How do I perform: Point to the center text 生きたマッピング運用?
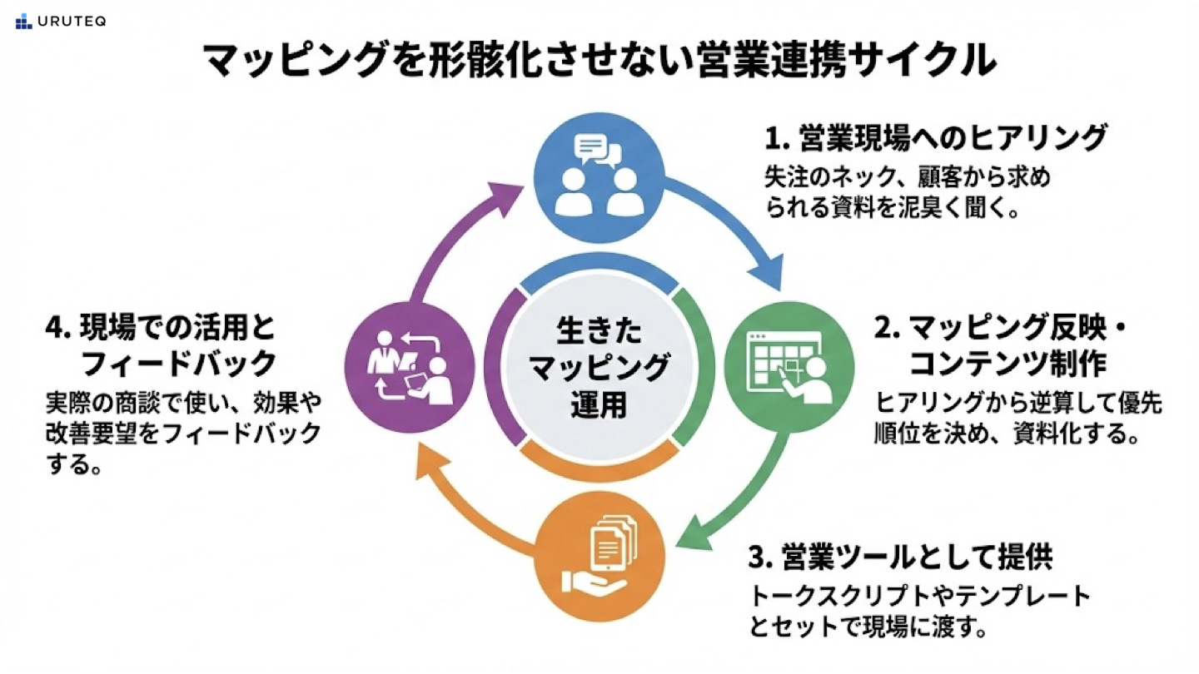pos(599,369)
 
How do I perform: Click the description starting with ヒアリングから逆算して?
pos(1017,419)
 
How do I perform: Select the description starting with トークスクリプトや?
pos(918,611)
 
